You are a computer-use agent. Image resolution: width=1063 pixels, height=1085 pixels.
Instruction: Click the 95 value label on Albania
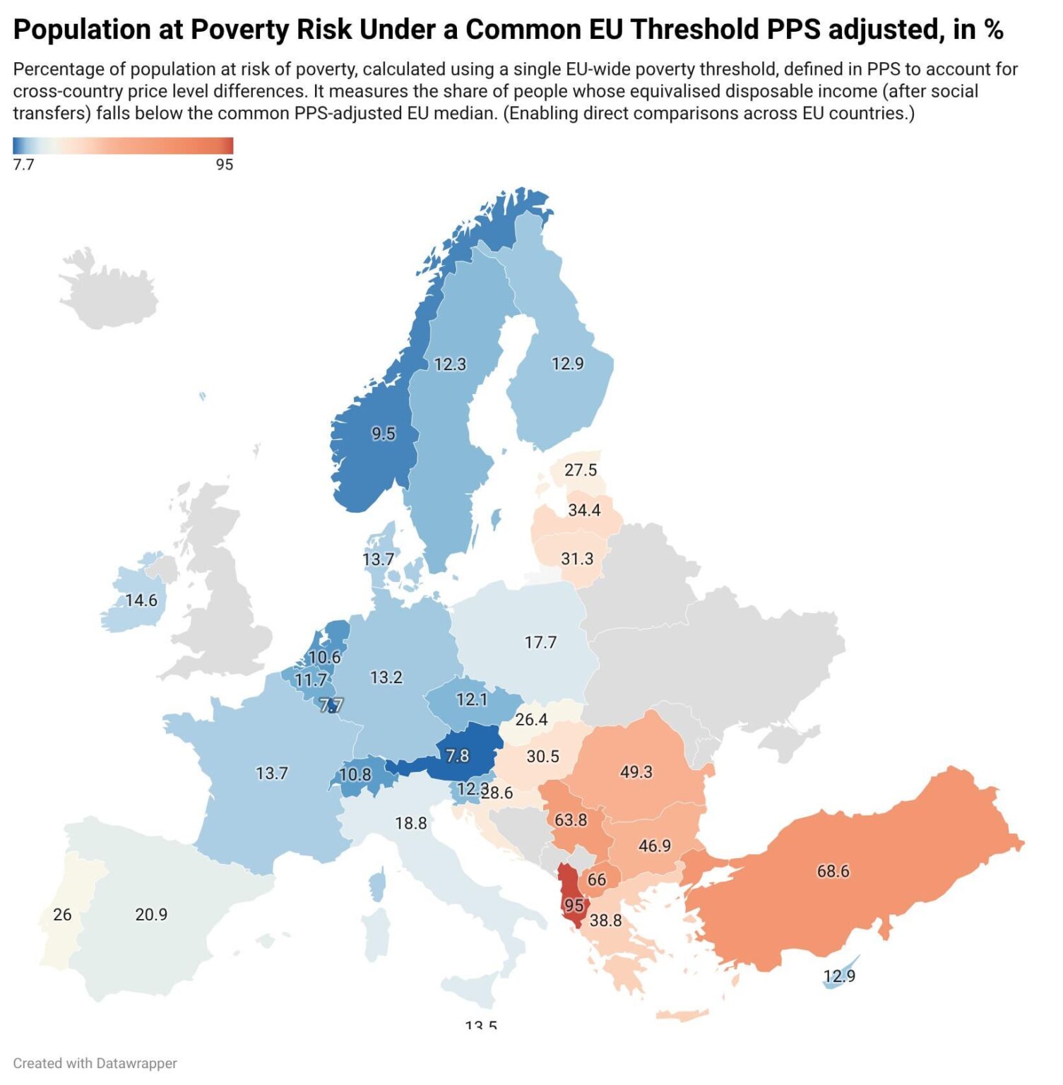tap(574, 905)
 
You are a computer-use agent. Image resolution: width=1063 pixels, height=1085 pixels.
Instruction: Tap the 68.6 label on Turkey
tap(833, 871)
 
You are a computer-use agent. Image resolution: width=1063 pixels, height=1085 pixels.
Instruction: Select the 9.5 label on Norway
tap(384, 433)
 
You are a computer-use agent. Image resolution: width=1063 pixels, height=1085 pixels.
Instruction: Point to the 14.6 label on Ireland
tap(141, 600)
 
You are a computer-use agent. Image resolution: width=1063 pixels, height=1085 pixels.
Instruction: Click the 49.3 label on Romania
tap(636, 771)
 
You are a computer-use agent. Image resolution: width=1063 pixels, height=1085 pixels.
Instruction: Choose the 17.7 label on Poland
tap(540, 642)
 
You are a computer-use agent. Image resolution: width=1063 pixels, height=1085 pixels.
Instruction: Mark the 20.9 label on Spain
tap(151, 914)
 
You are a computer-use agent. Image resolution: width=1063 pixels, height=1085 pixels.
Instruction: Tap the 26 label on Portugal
tap(62, 914)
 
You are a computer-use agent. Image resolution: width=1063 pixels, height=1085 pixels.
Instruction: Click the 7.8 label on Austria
tap(457, 756)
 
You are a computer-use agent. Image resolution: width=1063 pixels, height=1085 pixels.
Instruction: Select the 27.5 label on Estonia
tap(581, 470)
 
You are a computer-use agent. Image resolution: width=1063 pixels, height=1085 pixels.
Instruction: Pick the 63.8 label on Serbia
tap(571, 819)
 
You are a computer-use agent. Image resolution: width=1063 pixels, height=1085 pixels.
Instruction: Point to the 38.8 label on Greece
tap(605, 920)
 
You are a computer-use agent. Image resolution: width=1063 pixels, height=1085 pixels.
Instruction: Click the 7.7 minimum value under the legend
tap(23, 165)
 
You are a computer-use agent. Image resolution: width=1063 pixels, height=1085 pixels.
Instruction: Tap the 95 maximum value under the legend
tap(224, 165)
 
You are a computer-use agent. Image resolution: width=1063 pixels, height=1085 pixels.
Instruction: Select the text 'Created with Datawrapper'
tap(95, 1063)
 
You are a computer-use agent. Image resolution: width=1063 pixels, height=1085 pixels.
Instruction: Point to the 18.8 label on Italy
tap(410, 823)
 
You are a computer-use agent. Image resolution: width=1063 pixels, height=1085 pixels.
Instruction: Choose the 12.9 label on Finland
tap(567, 363)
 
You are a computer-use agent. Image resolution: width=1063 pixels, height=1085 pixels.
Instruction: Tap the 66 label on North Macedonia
tap(597, 879)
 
